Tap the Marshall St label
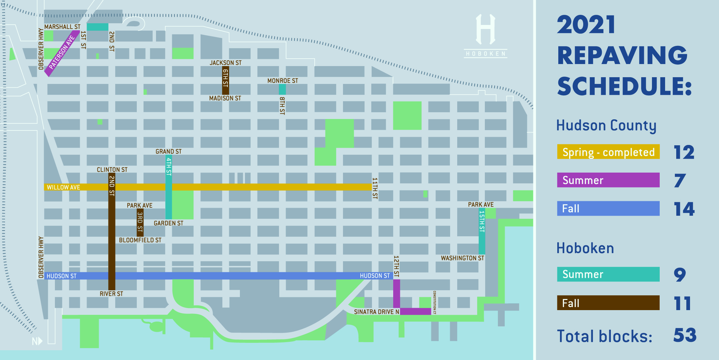coord(62,27)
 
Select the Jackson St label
coord(225,63)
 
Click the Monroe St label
coord(282,81)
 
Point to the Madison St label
coord(225,98)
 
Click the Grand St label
coord(168,151)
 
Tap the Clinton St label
coord(112,170)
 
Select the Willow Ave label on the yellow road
coord(63,187)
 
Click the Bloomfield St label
coord(140,240)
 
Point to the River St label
coord(111,294)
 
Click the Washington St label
coord(462,258)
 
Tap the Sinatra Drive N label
coord(376,312)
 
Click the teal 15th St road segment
coord(482,233)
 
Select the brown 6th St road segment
coord(225,80)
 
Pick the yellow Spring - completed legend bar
coord(608,152)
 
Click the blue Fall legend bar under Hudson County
coord(608,208)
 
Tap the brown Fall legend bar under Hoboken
coord(608,303)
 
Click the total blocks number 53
coord(685,335)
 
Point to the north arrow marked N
coord(37,341)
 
